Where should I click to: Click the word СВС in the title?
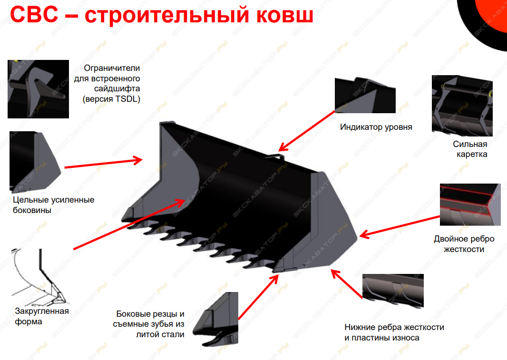34,14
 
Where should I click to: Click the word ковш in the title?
285,15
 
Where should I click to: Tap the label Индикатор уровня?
376,127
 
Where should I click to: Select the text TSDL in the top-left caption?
127,99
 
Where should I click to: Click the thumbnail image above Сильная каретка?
462,106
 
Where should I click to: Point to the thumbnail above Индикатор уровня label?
365,95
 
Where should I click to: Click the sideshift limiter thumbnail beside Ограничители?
38,89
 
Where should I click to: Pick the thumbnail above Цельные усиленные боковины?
35,162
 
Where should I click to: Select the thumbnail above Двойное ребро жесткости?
470,205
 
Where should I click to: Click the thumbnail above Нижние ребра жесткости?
393,291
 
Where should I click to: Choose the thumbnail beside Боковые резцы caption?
215,319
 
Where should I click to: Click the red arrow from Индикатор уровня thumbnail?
307,131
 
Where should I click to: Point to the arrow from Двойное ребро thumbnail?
400,226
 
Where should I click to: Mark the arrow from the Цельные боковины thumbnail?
104,163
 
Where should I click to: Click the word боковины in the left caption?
32,211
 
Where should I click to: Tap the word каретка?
472,154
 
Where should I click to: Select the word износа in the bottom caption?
405,338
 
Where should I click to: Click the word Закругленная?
42,311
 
